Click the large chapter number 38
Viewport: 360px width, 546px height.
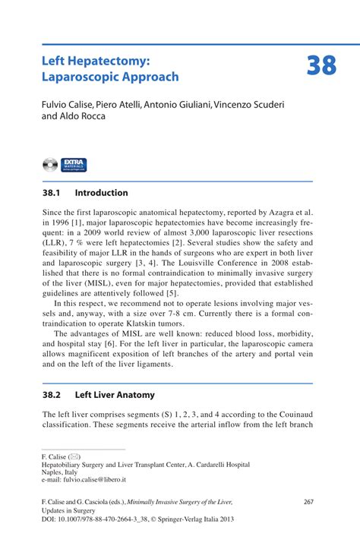[x=321, y=66]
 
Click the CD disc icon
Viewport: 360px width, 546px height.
[x=51, y=164]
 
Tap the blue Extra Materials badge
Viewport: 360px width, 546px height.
[x=74, y=164]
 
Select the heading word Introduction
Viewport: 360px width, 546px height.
[x=101, y=193]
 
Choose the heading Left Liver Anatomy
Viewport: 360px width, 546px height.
[x=114, y=395]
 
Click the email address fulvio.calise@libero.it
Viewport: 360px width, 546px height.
[x=96, y=480]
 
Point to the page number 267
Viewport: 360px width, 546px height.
[x=308, y=502]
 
